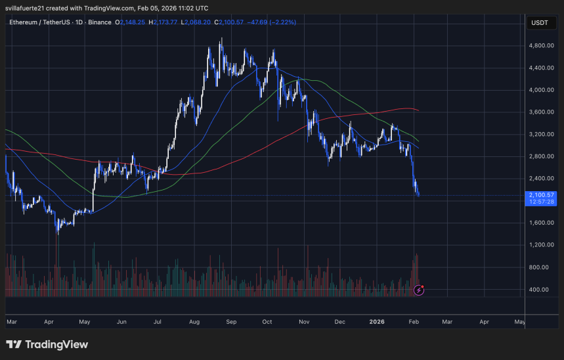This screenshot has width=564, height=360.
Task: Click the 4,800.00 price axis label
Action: (542, 46)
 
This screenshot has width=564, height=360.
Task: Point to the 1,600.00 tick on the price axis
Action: (542, 223)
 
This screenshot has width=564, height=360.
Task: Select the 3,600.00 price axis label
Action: (542, 112)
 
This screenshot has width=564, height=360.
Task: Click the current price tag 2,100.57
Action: (542, 195)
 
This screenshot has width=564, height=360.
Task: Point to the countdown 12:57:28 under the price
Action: (542, 202)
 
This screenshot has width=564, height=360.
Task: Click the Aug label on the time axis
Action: (194, 322)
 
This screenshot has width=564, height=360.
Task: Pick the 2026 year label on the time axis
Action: (376, 322)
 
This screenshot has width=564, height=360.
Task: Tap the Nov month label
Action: (304, 322)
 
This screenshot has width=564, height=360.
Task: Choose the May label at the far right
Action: (519, 322)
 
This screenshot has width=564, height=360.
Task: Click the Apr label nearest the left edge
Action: (49, 322)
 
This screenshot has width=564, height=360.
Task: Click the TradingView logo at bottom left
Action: (47, 344)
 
